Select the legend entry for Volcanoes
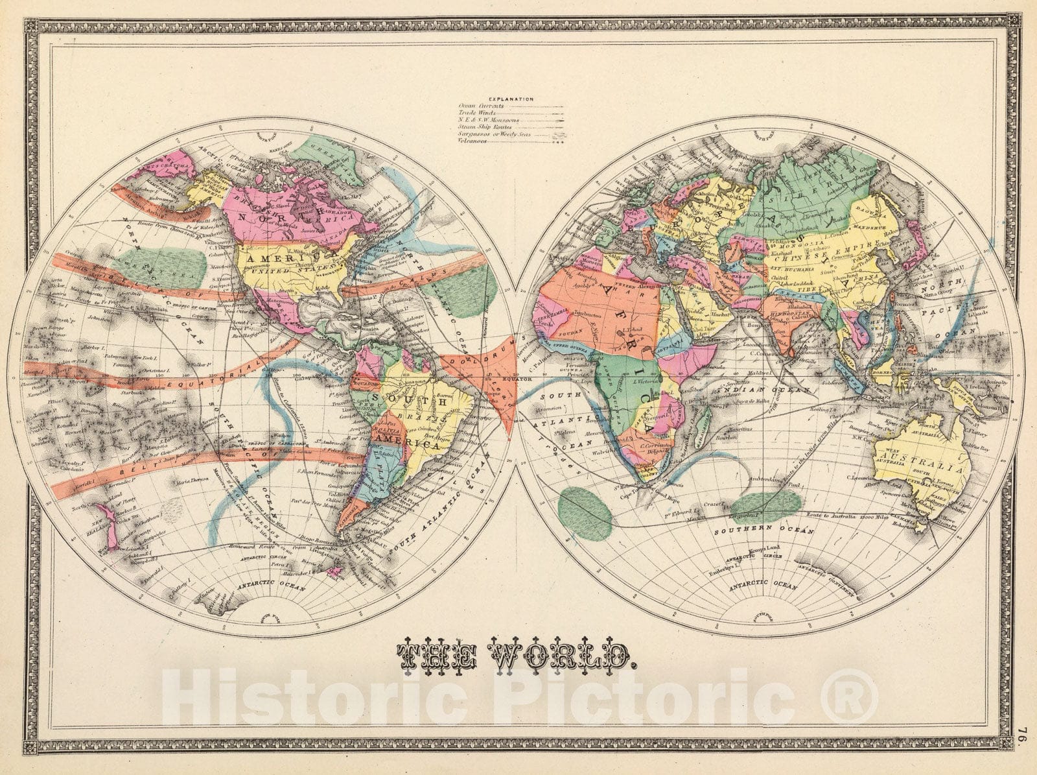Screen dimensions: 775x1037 [x=474, y=141]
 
